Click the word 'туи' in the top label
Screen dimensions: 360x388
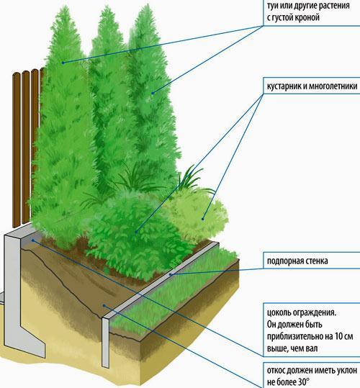click(x=272, y=6)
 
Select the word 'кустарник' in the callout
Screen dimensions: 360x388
click(x=284, y=86)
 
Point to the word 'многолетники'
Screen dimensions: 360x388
click(x=333, y=86)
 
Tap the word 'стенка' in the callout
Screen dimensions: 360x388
click(x=317, y=261)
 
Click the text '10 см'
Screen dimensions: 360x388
click(x=343, y=336)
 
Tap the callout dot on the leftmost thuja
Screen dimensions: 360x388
click(x=63, y=63)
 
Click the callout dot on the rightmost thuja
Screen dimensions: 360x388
click(x=153, y=94)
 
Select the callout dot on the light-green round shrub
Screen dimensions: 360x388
click(x=202, y=219)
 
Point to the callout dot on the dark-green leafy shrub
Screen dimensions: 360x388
click(x=136, y=232)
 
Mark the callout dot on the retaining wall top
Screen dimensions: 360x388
click(x=170, y=274)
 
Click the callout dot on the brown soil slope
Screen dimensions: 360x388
click(x=104, y=306)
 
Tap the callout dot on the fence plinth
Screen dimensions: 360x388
click(x=32, y=240)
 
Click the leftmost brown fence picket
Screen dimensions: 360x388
click(x=17, y=150)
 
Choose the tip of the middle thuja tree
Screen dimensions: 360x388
click(x=107, y=6)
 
